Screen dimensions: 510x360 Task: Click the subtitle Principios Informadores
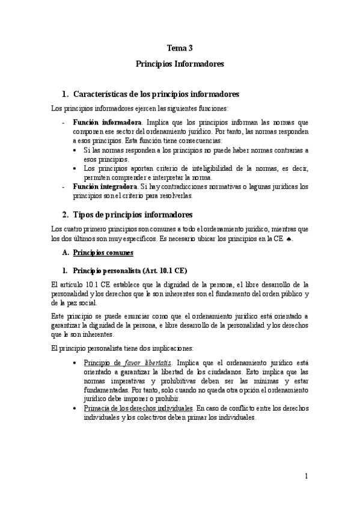coord(180,63)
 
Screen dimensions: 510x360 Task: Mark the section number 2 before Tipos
coord(65,215)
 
